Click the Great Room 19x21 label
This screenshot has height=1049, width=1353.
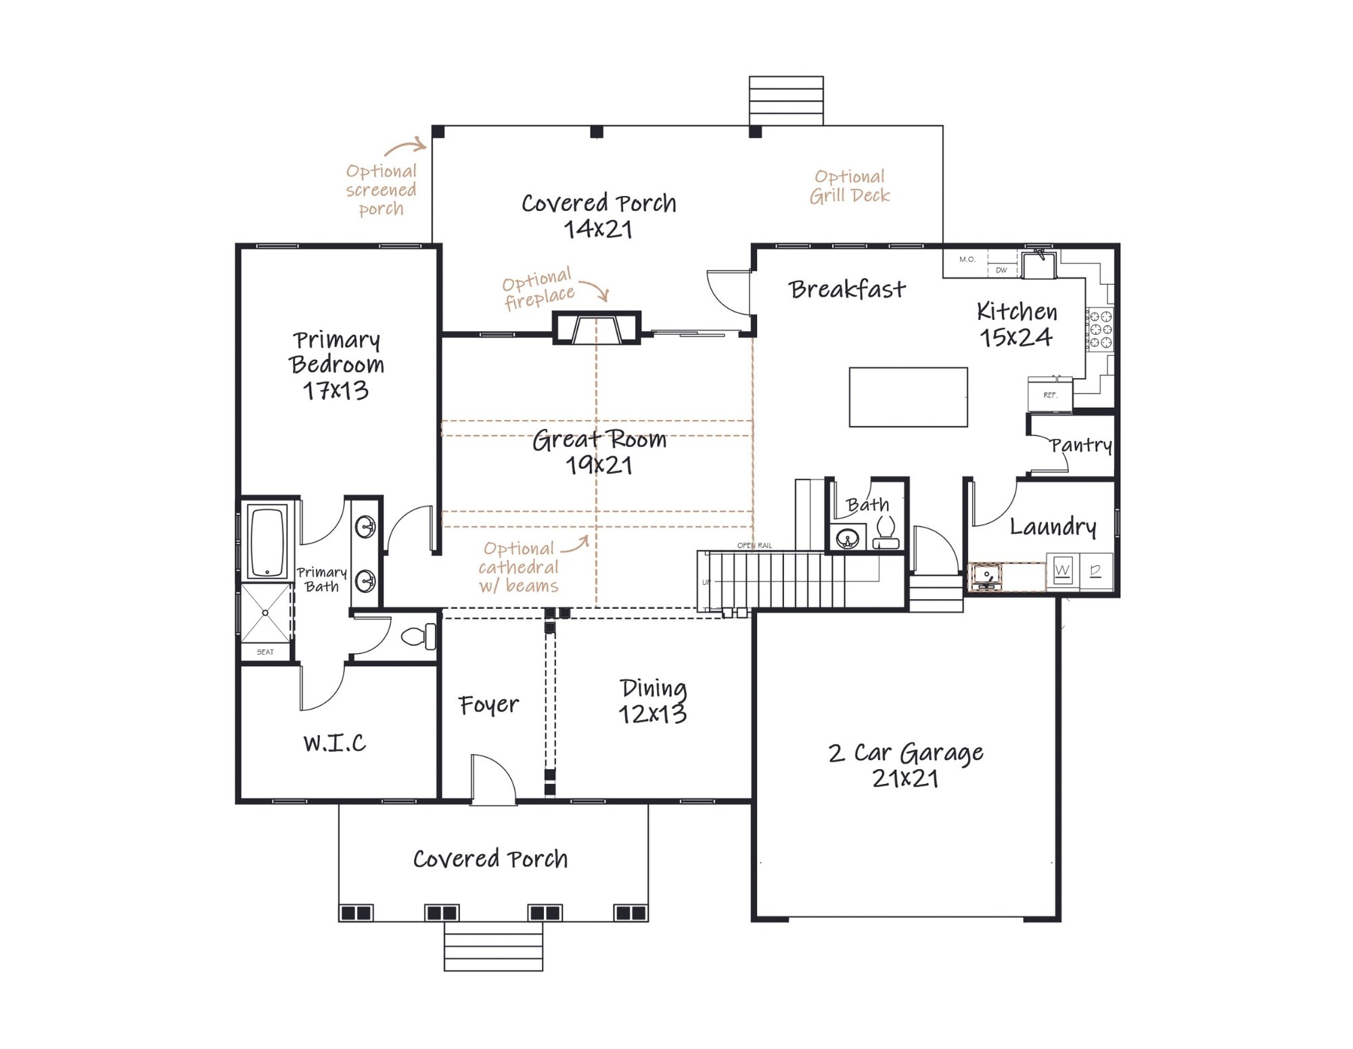pyautogui.click(x=599, y=452)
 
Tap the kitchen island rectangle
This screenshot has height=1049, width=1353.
pyautogui.click(x=908, y=397)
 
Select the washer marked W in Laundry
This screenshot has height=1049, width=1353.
pyautogui.click(x=1062, y=572)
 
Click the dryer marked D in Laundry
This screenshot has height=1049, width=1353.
pyautogui.click(x=1096, y=572)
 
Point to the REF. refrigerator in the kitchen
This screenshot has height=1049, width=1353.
pyautogui.click(x=1049, y=395)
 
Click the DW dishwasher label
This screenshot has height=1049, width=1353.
pyautogui.click(x=1001, y=270)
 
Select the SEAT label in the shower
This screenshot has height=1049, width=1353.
pyautogui.click(x=265, y=652)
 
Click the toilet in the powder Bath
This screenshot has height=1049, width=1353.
pyautogui.click(x=886, y=532)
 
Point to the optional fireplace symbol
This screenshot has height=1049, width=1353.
pyautogui.click(x=596, y=328)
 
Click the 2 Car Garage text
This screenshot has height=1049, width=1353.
pyautogui.click(x=906, y=753)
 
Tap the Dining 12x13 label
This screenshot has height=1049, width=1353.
pyautogui.click(x=653, y=701)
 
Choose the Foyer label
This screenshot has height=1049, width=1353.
pyautogui.click(x=488, y=705)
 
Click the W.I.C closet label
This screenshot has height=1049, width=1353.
pyautogui.click(x=335, y=743)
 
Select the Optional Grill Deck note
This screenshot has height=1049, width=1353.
pyautogui.click(x=850, y=186)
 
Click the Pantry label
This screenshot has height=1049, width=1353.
pyautogui.click(x=1081, y=445)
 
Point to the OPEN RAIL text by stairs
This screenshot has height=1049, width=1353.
pyautogui.click(x=754, y=545)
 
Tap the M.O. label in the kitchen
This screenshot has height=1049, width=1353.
pyautogui.click(x=967, y=259)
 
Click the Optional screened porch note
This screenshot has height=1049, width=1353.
pyautogui.click(x=381, y=189)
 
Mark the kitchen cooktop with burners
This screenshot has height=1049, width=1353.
pyautogui.click(x=1099, y=329)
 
